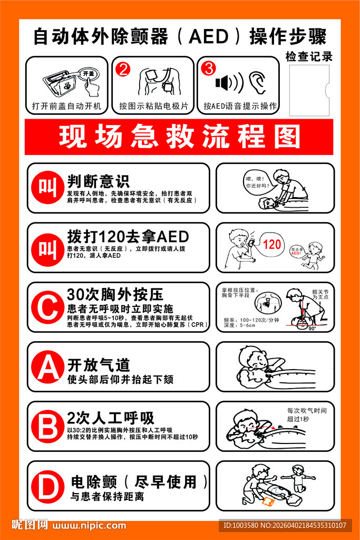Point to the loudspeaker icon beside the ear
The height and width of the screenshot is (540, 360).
tap(229, 83)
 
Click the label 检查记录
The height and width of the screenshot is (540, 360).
tap(309, 56)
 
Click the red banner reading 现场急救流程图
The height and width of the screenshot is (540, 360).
tap(179, 137)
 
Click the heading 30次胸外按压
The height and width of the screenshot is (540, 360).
tap(115, 294)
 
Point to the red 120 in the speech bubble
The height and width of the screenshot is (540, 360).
tap(272, 244)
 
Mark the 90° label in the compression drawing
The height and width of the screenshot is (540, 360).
tap(312, 329)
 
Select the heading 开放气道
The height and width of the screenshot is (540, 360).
tap(98, 365)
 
